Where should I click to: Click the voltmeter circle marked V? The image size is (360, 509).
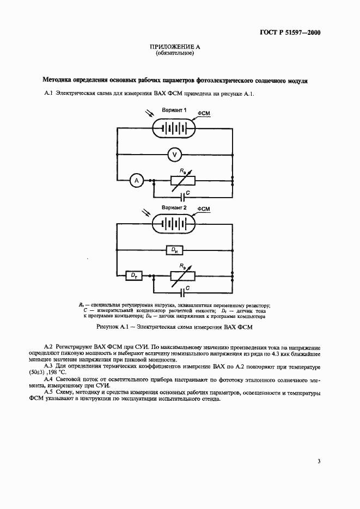point(174,155)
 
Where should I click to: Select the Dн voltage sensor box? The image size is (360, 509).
point(174,250)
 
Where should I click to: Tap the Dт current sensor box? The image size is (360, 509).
point(133,276)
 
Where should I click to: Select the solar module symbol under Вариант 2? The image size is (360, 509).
point(174,224)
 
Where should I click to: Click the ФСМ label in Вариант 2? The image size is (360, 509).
point(204,208)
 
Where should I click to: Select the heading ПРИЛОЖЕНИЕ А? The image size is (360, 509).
point(174,48)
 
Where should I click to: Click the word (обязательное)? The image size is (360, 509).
point(174,54)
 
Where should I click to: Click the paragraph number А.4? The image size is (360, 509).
point(47,378)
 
